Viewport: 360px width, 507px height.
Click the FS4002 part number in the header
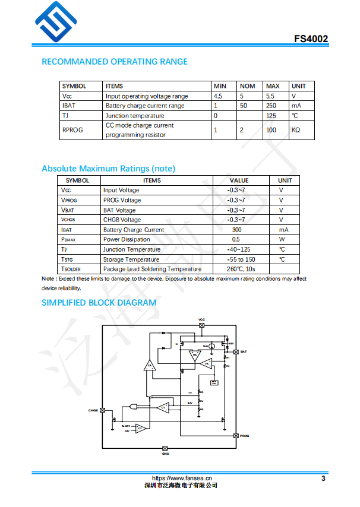tap(311, 39)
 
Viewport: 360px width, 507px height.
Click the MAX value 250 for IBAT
tap(271, 106)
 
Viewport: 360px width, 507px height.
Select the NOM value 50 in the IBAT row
tap(244, 106)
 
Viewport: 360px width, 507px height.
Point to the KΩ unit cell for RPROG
tap(296, 130)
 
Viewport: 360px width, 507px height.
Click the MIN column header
tap(220, 86)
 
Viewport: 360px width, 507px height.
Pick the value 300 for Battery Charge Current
tap(236, 230)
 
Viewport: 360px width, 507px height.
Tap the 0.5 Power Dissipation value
tap(236, 240)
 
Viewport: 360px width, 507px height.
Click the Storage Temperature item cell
tap(131, 259)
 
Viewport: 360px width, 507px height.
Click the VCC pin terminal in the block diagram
tap(201, 325)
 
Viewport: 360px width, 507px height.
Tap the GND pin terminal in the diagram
tap(165, 448)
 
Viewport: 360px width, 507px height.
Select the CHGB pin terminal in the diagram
tap(103, 410)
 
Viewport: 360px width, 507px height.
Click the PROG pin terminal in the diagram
tap(236, 436)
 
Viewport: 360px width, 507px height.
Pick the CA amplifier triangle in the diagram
tap(150, 365)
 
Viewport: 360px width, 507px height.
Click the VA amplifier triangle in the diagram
tap(206, 363)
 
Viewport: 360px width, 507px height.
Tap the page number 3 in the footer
tap(323, 479)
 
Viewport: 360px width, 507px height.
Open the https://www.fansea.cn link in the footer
tap(182, 478)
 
